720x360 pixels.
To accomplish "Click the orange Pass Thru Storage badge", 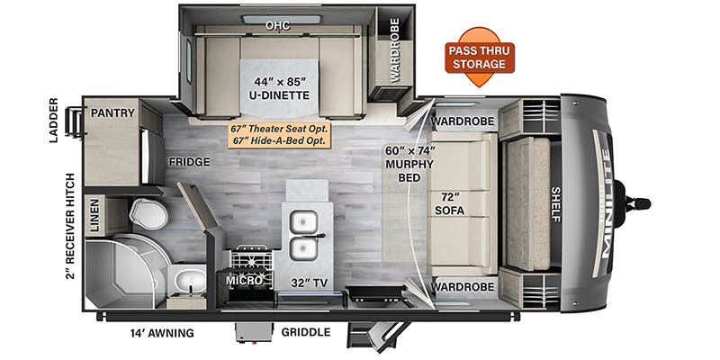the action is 480,57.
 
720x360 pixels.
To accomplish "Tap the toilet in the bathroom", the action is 148,213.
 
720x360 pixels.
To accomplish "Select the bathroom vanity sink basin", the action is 190,279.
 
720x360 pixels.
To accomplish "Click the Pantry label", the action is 112,112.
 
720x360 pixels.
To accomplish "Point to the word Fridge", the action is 189,162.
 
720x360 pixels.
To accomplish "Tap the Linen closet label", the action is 94,215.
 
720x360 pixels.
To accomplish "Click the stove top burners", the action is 252,260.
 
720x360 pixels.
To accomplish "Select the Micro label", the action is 244,280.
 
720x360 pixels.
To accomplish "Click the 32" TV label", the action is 310,283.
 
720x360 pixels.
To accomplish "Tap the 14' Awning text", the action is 162,333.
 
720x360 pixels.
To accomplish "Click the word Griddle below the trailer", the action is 306,332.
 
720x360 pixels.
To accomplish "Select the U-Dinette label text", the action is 280,88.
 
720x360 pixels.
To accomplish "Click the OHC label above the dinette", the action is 278,26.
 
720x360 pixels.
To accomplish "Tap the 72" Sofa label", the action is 449,204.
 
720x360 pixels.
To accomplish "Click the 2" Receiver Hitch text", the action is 70,225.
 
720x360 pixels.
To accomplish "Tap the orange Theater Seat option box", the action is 280,135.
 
